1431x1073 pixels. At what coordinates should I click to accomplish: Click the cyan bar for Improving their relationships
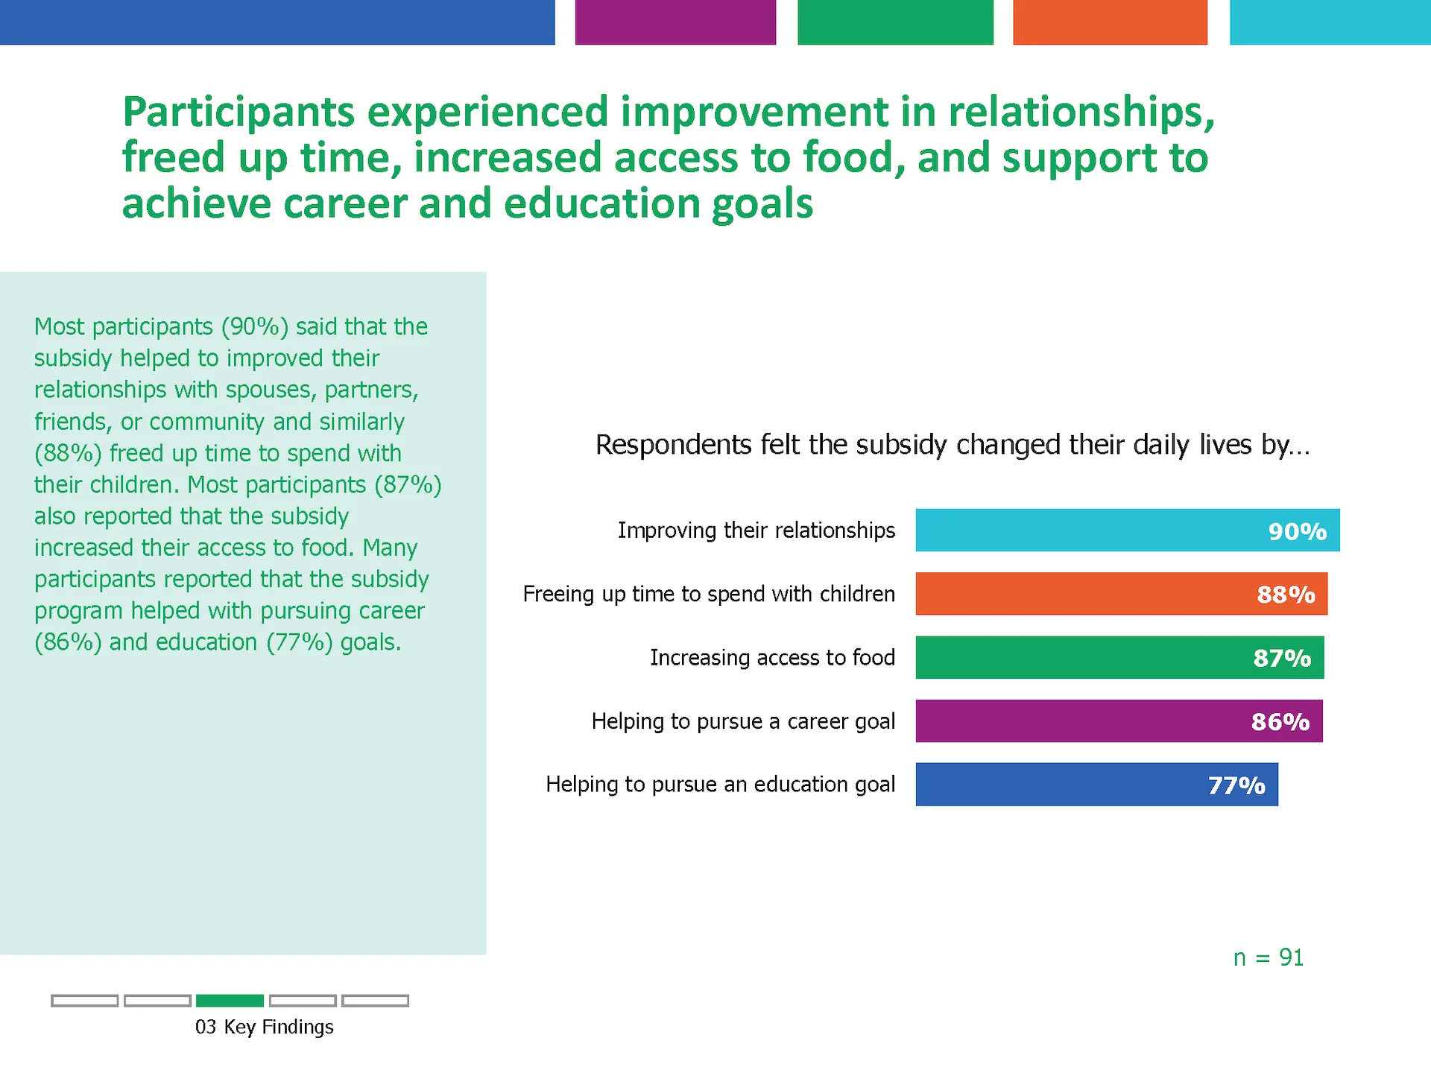(1088, 530)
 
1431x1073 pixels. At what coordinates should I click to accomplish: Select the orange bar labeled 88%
(1081, 594)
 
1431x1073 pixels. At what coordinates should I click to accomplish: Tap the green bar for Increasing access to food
(1081, 657)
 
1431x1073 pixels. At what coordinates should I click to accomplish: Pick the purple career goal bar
(1081, 721)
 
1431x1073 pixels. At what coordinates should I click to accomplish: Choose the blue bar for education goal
(1058, 784)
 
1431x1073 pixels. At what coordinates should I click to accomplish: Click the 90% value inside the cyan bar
(1297, 531)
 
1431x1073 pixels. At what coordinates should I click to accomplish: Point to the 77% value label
(1236, 785)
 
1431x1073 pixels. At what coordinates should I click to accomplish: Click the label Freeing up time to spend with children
(709, 594)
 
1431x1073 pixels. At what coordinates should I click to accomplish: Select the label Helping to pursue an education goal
(720, 784)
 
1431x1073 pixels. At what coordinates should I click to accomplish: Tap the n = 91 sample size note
(1268, 958)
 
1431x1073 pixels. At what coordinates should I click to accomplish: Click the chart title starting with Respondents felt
(952, 445)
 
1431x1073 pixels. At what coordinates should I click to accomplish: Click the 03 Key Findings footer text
(264, 1027)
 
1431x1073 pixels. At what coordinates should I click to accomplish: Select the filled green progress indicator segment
(230, 1001)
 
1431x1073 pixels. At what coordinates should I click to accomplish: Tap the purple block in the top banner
(675, 22)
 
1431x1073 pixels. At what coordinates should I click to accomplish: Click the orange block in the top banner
(1110, 22)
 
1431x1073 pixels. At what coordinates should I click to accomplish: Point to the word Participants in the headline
(238, 113)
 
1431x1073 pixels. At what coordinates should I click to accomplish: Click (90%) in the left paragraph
(255, 326)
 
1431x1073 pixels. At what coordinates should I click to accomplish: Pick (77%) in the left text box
(300, 642)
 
